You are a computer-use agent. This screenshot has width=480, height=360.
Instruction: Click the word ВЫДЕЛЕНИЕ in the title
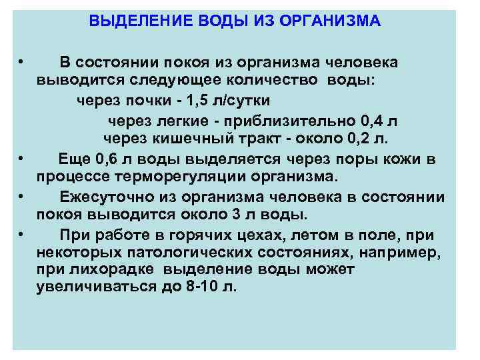(x=135, y=21)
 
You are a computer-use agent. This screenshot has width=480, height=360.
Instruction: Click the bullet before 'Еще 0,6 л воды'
(x=22, y=159)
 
